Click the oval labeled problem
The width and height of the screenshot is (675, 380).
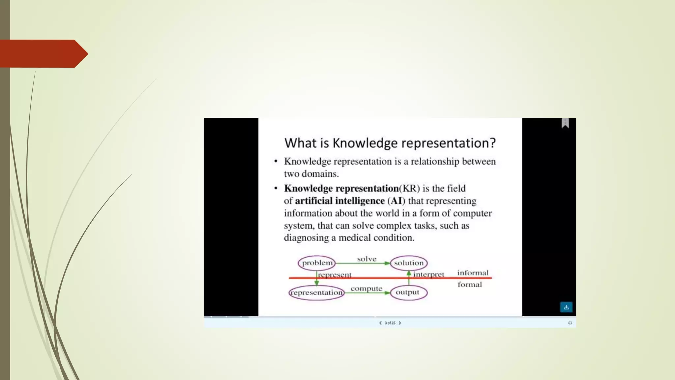coord(317,263)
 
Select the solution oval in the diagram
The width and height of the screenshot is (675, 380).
coord(409,263)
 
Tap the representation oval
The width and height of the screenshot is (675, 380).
coord(316,293)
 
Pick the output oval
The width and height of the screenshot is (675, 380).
coord(408,292)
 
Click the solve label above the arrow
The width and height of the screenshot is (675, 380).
coord(367,259)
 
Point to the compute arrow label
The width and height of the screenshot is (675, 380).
coord(366,288)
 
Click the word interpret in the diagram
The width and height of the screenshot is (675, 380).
coord(428,274)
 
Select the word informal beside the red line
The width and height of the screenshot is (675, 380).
coord(473,273)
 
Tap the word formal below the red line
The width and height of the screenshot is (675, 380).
coord(469,284)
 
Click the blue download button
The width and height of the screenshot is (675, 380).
coord(566,307)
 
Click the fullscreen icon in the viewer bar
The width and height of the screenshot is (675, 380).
coord(570,323)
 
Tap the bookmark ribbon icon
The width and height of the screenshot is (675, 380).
coord(565,123)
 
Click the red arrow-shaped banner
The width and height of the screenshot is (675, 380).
coord(43,53)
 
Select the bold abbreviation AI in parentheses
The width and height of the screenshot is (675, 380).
coord(396,201)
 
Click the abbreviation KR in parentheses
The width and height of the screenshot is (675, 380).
coord(409,188)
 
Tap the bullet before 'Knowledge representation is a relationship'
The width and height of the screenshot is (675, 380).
coord(276,161)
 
